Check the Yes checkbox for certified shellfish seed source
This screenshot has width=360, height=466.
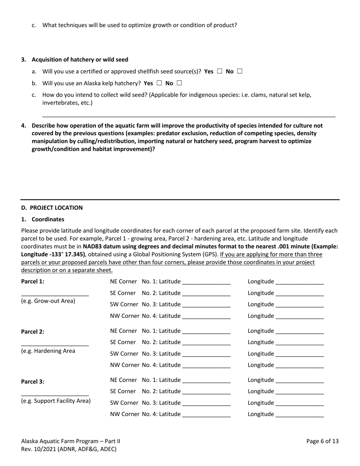point(220,71)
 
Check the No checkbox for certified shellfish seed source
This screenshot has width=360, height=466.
point(239,71)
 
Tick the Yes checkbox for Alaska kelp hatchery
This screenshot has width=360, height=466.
point(159,83)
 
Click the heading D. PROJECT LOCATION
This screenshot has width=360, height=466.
point(52,208)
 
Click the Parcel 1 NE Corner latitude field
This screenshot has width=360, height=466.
point(206,282)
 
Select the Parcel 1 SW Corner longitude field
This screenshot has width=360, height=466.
point(300,305)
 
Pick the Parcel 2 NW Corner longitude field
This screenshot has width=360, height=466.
point(300,366)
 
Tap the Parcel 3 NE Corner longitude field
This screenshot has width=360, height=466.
point(300,380)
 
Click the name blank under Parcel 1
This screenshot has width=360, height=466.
point(55,294)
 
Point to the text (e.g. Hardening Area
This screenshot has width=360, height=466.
point(48,351)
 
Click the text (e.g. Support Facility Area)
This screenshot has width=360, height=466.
point(56,401)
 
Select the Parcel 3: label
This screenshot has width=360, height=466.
point(33,382)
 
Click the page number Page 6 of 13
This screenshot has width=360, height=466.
point(322,441)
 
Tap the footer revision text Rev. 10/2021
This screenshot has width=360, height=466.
point(69,449)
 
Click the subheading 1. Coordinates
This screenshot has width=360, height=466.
point(43,219)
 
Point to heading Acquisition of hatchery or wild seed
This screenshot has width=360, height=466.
point(80,59)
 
